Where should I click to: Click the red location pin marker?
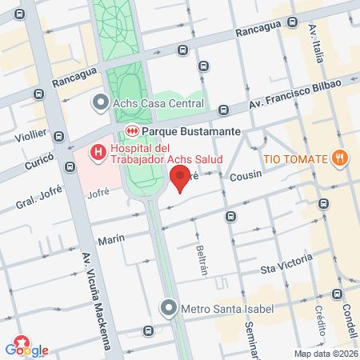(180, 178)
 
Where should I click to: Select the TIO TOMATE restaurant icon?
(340, 158)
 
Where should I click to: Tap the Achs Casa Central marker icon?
(100, 103)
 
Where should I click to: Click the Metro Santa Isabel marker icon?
(168, 308)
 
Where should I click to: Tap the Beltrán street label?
(202, 257)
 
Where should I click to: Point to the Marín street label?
(111, 238)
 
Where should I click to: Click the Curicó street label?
(38, 156)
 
